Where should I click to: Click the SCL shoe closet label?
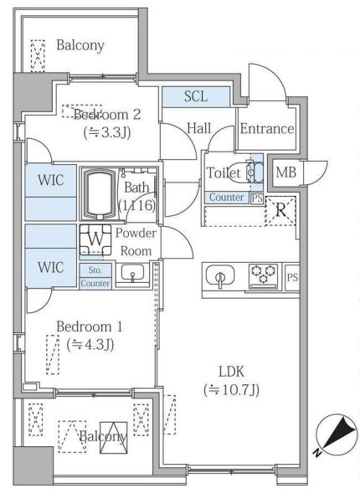pyautogui.click(x=196, y=96)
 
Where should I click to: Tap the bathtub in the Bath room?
pyautogui.click(x=99, y=194)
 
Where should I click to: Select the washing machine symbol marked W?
pyautogui.click(x=95, y=239)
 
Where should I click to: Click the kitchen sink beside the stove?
pyautogui.click(x=220, y=275)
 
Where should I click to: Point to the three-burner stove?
pyautogui.click(x=264, y=275)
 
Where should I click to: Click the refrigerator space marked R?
pyautogui.click(x=280, y=210)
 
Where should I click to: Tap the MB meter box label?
pyautogui.click(x=285, y=172)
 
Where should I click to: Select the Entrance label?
pyautogui.click(x=267, y=129)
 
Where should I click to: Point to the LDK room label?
pyautogui.click(x=231, y=372)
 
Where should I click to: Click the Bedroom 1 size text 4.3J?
pyautogui.click(x=90, y=345)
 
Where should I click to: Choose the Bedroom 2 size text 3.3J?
pyautogui.click(x=107, y=132)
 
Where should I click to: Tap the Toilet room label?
pyautogui.click(x=223, y=173)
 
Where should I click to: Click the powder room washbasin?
pyautogui.click(x=132, y=274)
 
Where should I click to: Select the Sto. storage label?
pyautogui.click(x=95, y=270)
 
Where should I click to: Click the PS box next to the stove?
pyautogui.click(x=292, y=277)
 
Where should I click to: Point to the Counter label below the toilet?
pyautogui.click(x=226, y=197)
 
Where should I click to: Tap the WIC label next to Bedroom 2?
pyautogui.click(x=51, y=180)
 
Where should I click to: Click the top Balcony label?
pyautogui.click(x=80, y=45)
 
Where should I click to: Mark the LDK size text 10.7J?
pyautogui.click(x=231, y=390)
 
